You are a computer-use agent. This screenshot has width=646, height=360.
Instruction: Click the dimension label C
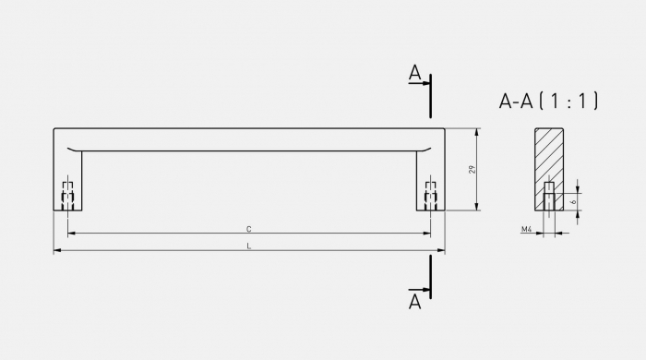249,228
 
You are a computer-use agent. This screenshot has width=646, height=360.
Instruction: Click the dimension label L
249,246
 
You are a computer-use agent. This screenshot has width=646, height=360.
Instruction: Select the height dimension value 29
472,170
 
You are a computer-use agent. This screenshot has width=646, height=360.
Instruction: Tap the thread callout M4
526,229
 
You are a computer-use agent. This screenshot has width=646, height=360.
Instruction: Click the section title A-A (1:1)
549,102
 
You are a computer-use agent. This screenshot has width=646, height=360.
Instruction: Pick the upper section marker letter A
415,73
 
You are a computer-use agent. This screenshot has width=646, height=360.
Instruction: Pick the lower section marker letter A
415,301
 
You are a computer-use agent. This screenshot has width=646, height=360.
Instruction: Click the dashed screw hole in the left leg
67,196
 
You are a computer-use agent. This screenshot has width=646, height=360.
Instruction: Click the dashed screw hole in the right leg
430,196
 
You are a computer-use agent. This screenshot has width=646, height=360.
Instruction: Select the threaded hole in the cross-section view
549,197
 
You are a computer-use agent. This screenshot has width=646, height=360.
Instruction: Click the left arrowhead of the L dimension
57,250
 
